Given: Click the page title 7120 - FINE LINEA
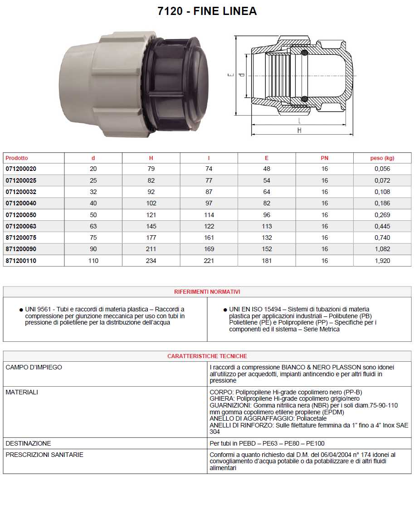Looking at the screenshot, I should [x=207, y=11].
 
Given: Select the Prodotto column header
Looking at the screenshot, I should [x=17, y=158].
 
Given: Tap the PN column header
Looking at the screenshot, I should [x=324, y=158].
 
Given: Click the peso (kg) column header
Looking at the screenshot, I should [x=382, y=158].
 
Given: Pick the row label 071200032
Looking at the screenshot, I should [x=21, y=192].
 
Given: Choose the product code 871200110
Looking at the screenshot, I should [x=21, y=261].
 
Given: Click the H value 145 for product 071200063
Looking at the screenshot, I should [x=151, y=226].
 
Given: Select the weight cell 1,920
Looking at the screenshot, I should [x=382, y=261].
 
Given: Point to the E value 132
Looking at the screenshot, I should [x=267, y=238].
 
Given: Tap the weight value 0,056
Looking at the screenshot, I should [x=382, y=169].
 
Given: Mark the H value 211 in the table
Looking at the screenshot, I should [x=151, y=249].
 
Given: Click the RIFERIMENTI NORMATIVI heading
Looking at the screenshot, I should [x=207, y=292].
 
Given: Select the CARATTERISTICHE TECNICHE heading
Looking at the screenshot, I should [x=207, y=356].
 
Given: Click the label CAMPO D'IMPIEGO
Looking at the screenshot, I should [x=34, y=367].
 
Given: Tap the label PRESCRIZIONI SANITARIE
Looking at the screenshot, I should [x=44, y=455].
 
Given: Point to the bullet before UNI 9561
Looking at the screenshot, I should [x=21, y=310].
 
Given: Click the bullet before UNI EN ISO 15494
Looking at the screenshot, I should [x=225, y=310].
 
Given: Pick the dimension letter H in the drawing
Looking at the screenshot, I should [x=299, y=131].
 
